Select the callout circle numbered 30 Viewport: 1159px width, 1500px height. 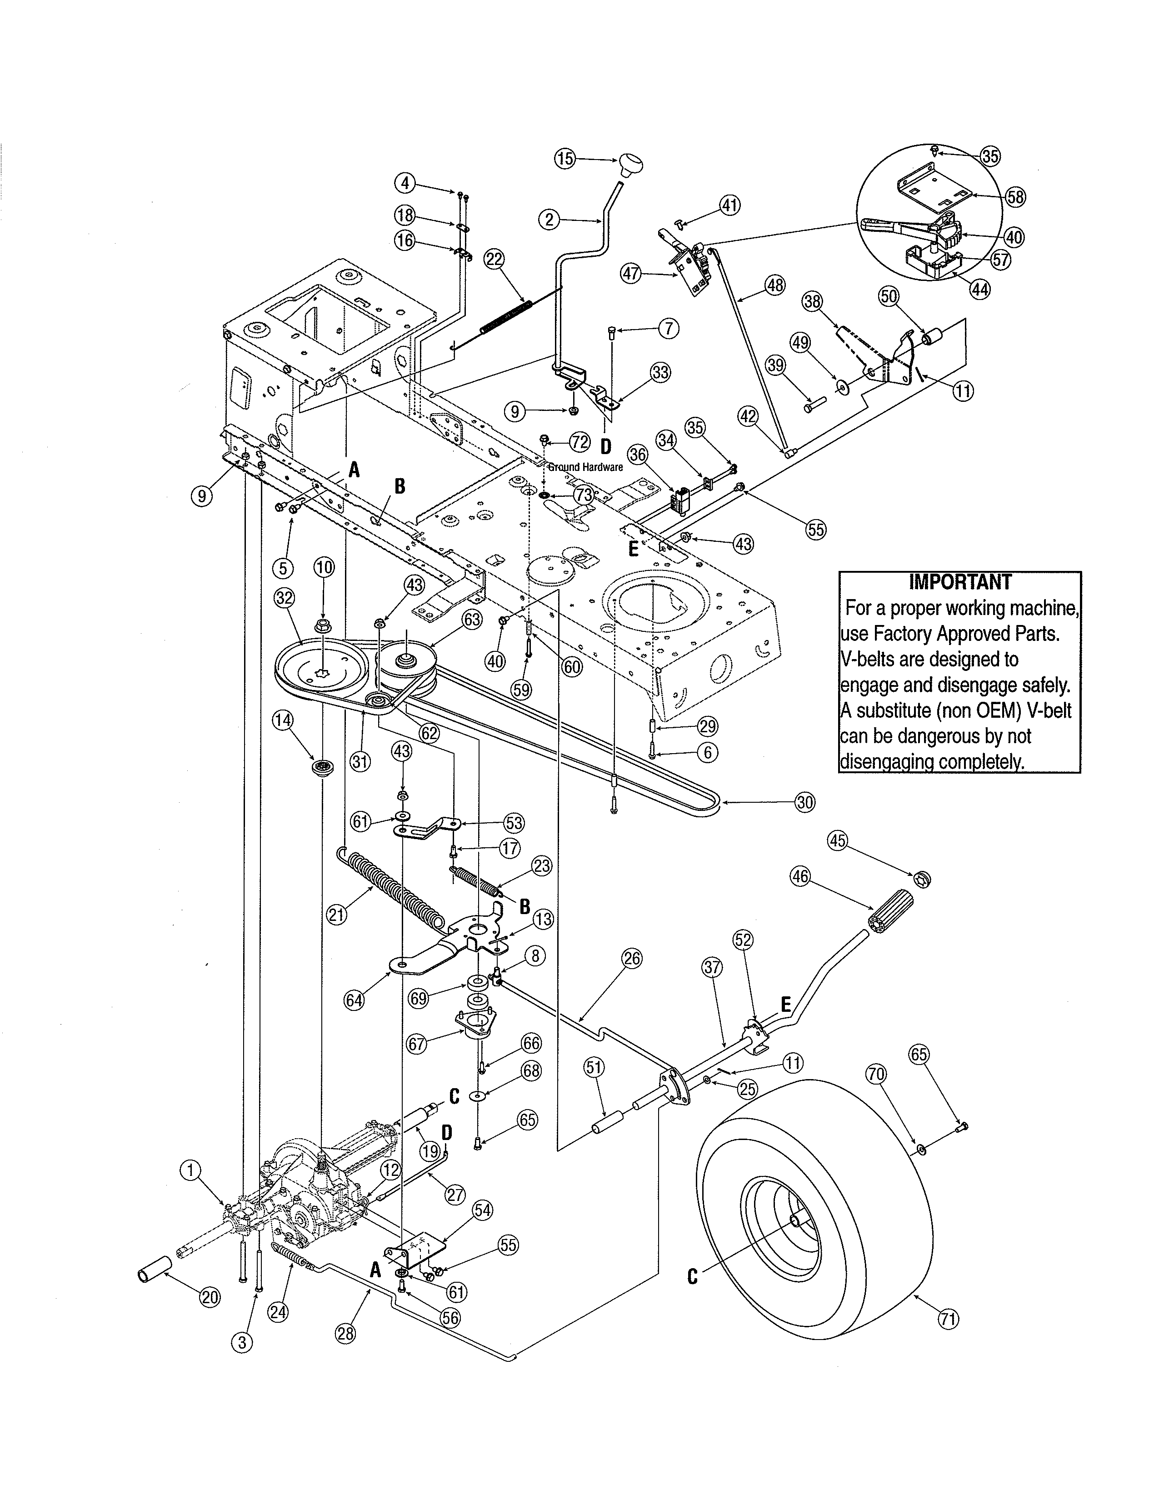(804, 802)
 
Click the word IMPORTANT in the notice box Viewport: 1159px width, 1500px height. (960, 582)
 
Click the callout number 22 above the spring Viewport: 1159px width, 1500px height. (494, 260)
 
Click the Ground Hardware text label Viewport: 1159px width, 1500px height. (585, 467)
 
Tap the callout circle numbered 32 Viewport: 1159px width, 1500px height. (284, 598)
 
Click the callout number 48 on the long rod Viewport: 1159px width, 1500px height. (775, 285)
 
